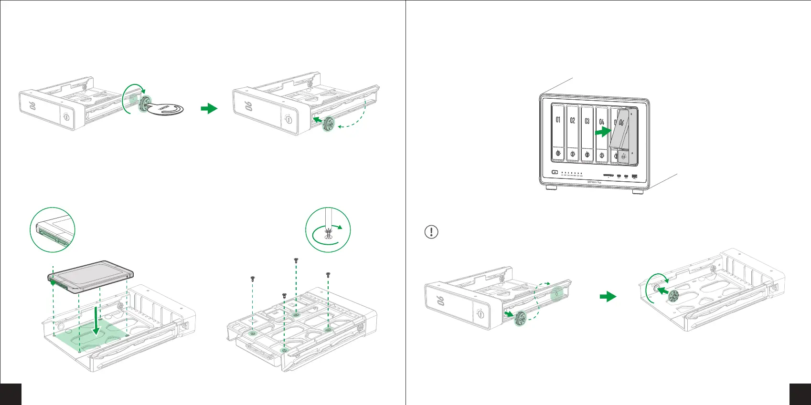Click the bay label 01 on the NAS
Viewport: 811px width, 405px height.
[x=558, y=120]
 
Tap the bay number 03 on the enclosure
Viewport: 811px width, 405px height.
[x=587, y=121]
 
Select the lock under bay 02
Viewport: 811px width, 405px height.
[x=573, y=155]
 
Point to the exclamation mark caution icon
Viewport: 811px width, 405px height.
[x=431, y=232]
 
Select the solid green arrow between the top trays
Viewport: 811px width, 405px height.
[x=209, y=109]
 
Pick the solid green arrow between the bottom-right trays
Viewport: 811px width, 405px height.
[x=608, y=297]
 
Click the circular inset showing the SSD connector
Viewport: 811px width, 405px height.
[x=53, y=230]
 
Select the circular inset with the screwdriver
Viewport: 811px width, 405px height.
[x=328, y=230]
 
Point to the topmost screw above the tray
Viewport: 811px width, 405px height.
[x=296, y=260]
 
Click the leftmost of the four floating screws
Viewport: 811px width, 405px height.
[x=252, y=278]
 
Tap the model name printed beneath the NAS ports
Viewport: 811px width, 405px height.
[x=594, y=182]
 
